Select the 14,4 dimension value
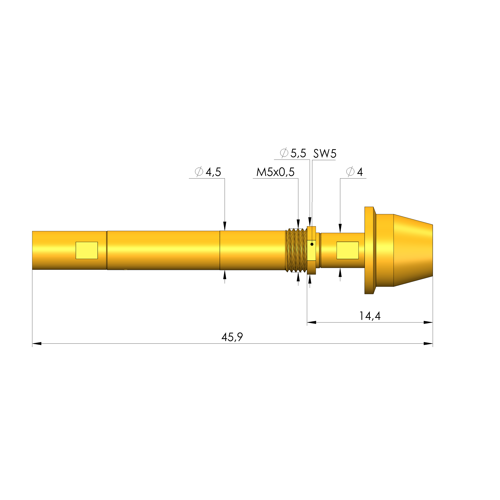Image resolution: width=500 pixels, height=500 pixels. [x=370, y=316]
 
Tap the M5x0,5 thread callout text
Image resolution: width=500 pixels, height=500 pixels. [x=275, y=172]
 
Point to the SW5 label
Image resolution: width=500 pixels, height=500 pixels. [x=325, y=154]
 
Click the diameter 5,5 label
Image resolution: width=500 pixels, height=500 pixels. [x=293, y=153]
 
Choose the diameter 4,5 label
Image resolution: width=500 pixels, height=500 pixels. [x=208, y=172]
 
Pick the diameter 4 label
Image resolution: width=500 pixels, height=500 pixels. [x=355, y=172]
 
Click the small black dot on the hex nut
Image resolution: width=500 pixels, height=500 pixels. [x=312, y=244]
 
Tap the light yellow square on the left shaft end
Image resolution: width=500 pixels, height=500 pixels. [x=87, y=250]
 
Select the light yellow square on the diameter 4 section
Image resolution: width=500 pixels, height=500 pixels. [x=348, y=250]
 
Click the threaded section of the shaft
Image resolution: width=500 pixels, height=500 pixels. [x=296, y=250]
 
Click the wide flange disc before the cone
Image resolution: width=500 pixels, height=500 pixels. [x=369, y=250]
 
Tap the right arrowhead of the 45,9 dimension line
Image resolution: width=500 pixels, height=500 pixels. [x=428, y=344]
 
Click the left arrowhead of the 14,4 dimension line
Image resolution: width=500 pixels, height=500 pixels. [x=312, y=322]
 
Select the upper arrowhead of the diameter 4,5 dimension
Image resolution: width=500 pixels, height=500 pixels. [x=225, y=226]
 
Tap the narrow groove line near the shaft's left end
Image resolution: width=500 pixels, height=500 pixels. [x=107, y=250]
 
